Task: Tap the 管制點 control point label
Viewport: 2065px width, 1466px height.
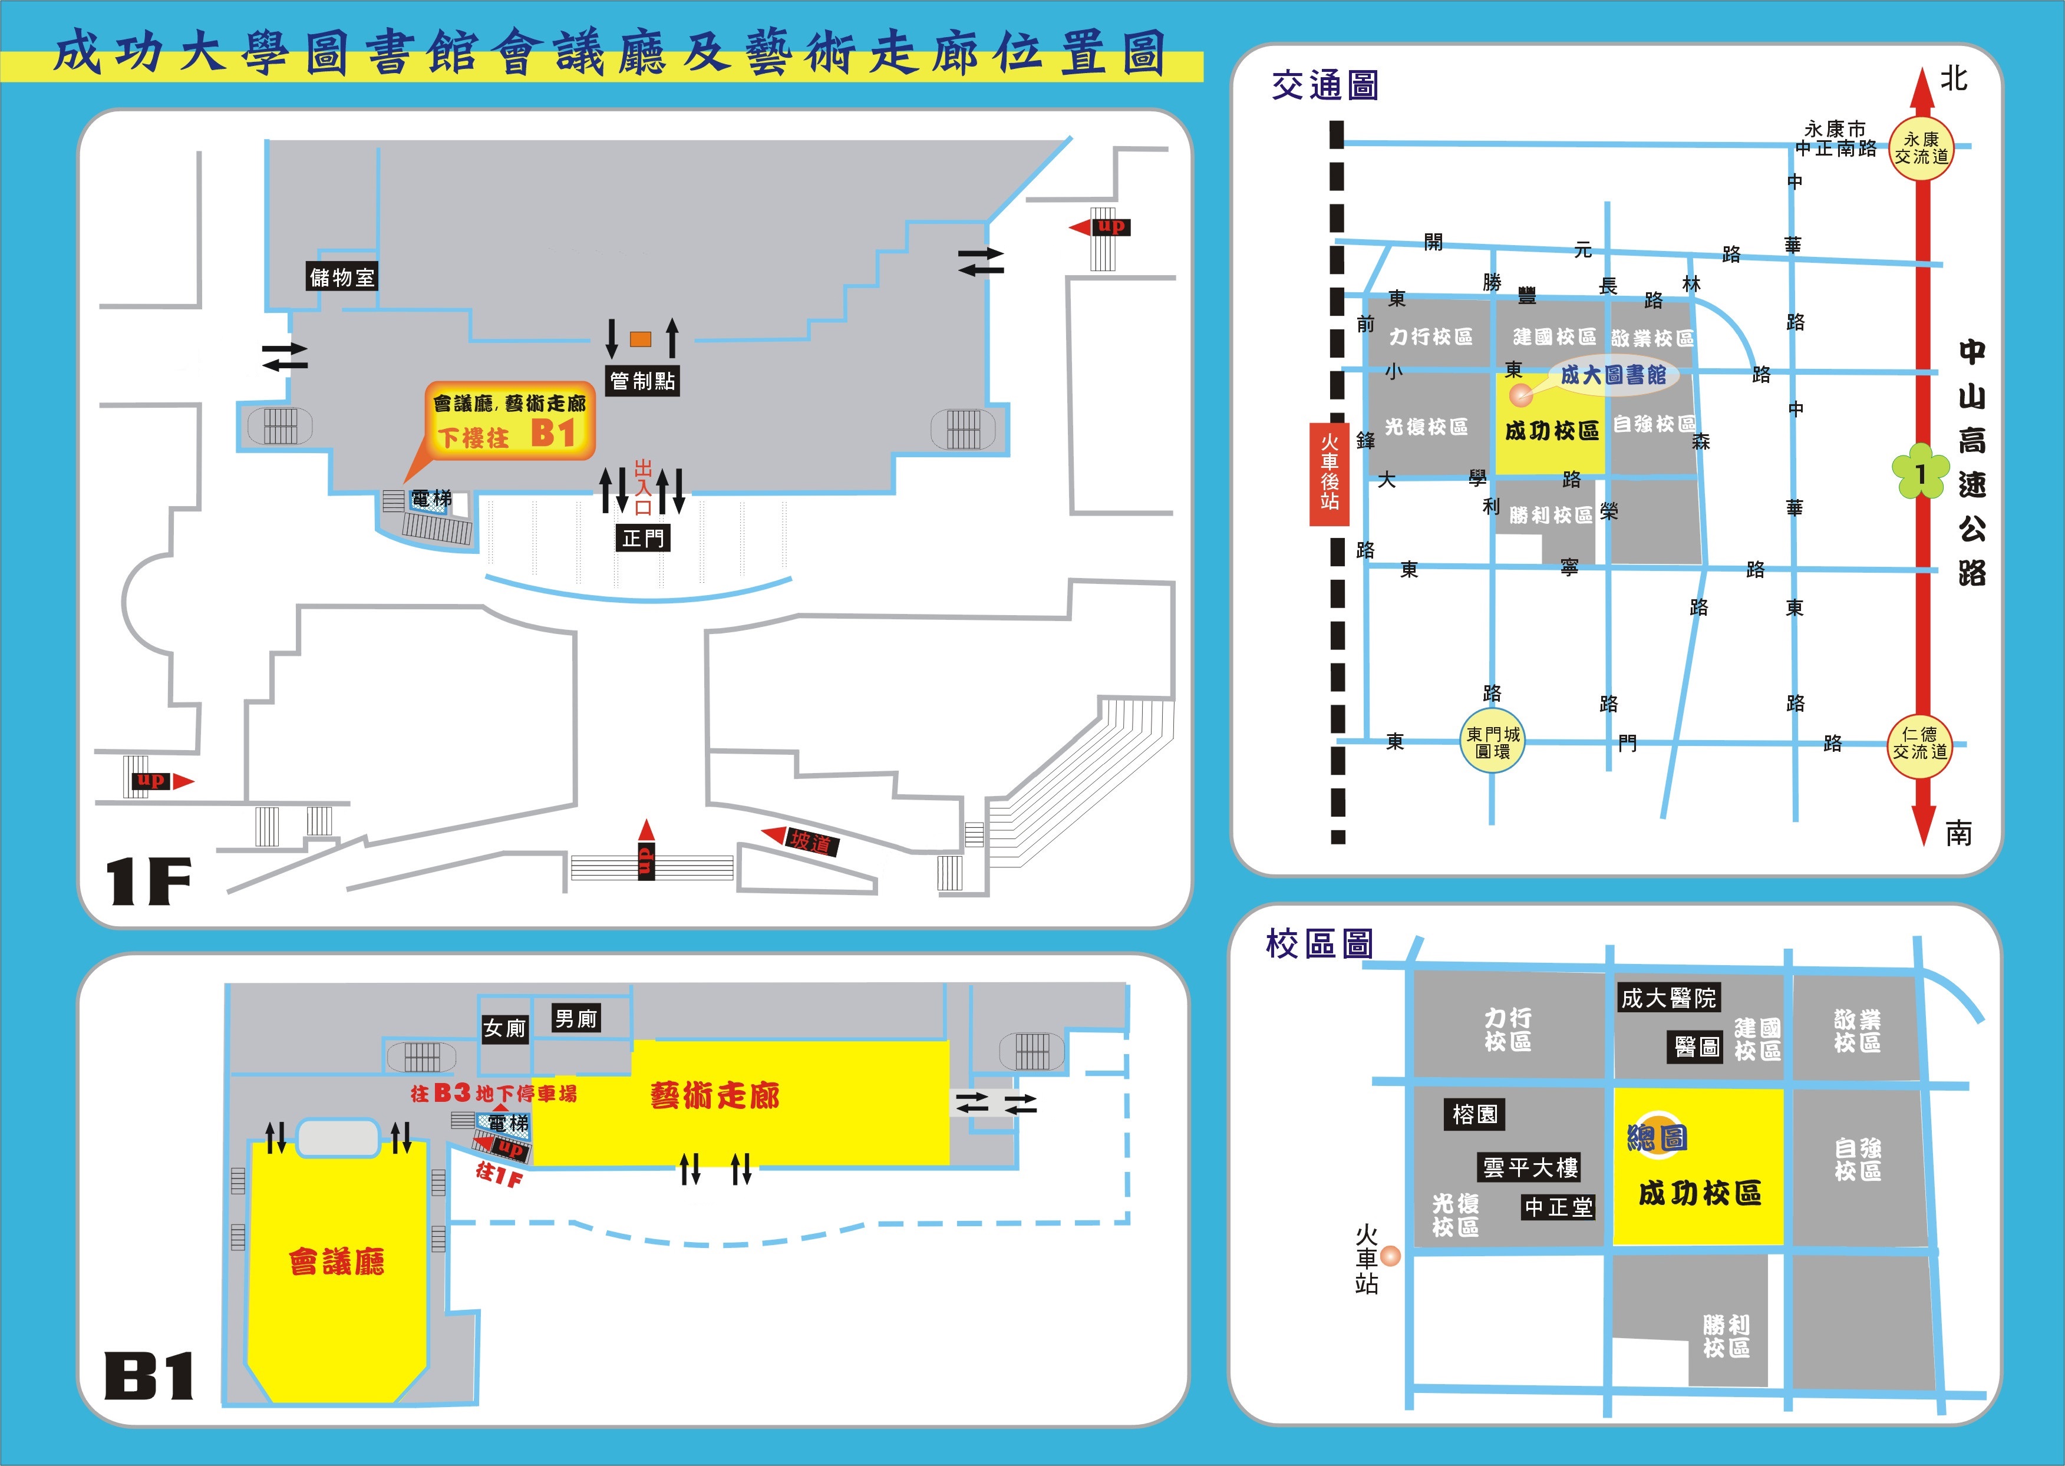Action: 642,381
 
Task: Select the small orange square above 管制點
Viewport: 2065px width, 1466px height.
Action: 640,339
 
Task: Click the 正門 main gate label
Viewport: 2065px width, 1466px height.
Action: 643,539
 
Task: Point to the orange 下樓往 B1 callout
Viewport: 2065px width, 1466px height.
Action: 510,421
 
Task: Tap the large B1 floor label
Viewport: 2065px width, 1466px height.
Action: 149,1376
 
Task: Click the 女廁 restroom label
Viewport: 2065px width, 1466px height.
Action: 504,1028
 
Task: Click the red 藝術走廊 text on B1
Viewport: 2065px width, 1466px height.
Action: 714,1096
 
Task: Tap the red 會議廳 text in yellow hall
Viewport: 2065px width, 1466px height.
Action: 337,1261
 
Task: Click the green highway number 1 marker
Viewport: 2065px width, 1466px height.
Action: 1919,472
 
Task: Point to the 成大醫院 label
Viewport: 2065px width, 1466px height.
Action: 1668,998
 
